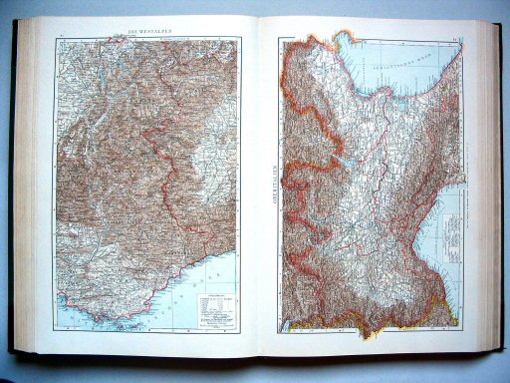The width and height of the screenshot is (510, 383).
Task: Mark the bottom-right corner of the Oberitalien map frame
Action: (x=465, y=325)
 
